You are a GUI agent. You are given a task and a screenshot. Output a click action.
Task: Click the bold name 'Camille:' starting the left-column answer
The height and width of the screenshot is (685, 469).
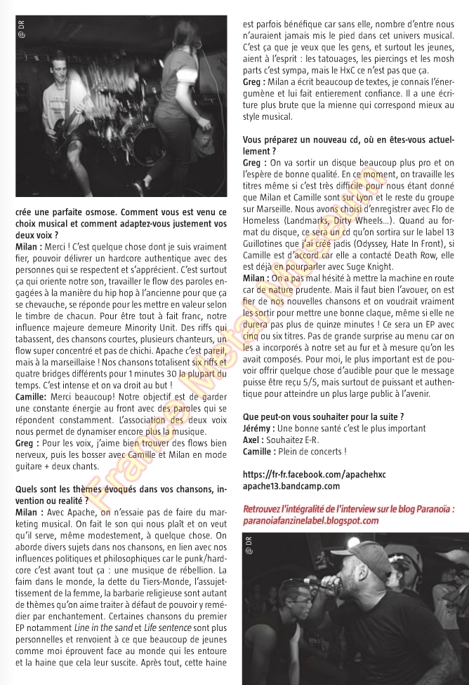(31, 396)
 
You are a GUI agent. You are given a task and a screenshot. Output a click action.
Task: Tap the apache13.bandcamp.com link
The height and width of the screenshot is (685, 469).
(291, 485)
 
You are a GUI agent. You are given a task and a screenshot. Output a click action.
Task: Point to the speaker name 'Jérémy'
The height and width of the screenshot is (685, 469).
(258, 428)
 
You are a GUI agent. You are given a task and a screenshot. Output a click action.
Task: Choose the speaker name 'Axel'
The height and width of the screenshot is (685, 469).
(252, 439)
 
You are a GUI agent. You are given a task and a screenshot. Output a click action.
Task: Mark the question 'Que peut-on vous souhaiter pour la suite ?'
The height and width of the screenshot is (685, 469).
(323, 416)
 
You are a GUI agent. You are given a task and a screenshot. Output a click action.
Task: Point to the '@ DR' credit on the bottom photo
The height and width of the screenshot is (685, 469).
(247, 545)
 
